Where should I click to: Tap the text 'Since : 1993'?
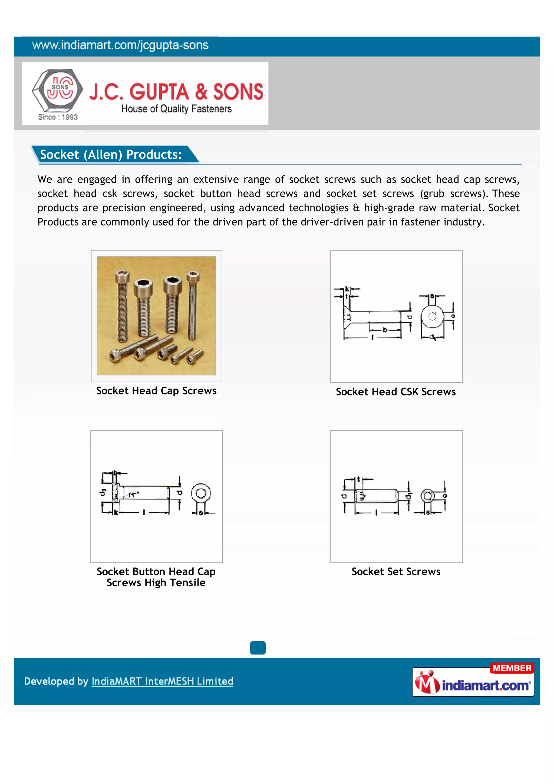[x=58, y=117]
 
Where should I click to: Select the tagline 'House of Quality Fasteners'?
[x=176, y=109]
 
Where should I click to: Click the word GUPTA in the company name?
[x=159, y=92]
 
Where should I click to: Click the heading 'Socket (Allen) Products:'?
[x=111, y=154]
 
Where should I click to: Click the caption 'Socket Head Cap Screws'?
[x=156, y=390]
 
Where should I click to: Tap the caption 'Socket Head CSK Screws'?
[x=396, y=391]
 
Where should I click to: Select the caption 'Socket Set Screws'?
[x=396, y=571]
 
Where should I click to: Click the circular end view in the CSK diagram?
[x=432, y=317]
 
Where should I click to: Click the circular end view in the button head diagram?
[x=201, y=493]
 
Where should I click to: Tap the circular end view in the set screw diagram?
[x=427, y=496]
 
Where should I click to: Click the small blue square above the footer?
[x=258, y=648]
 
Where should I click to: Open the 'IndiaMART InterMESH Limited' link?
[x=162, y=681]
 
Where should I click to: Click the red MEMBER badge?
[x=512, y=668]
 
